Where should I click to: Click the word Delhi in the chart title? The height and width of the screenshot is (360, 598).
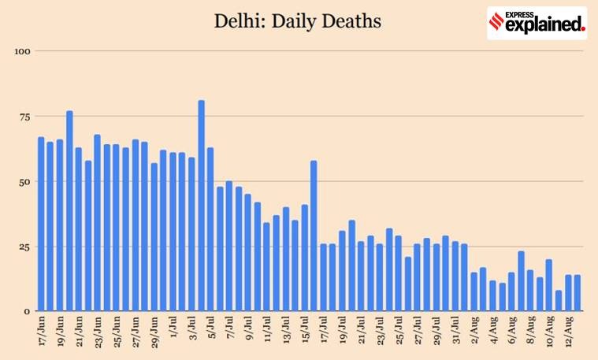(x=240, y=21)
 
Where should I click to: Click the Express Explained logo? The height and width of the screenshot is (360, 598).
(x=537, y=23)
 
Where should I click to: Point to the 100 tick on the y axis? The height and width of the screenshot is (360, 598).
(x=22, y=51)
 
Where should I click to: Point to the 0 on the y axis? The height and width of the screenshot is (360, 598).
(x=27, y=311)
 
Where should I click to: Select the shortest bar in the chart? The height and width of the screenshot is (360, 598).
(x=559, y=301)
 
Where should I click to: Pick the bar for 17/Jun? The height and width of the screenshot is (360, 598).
(x=41, y=224)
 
